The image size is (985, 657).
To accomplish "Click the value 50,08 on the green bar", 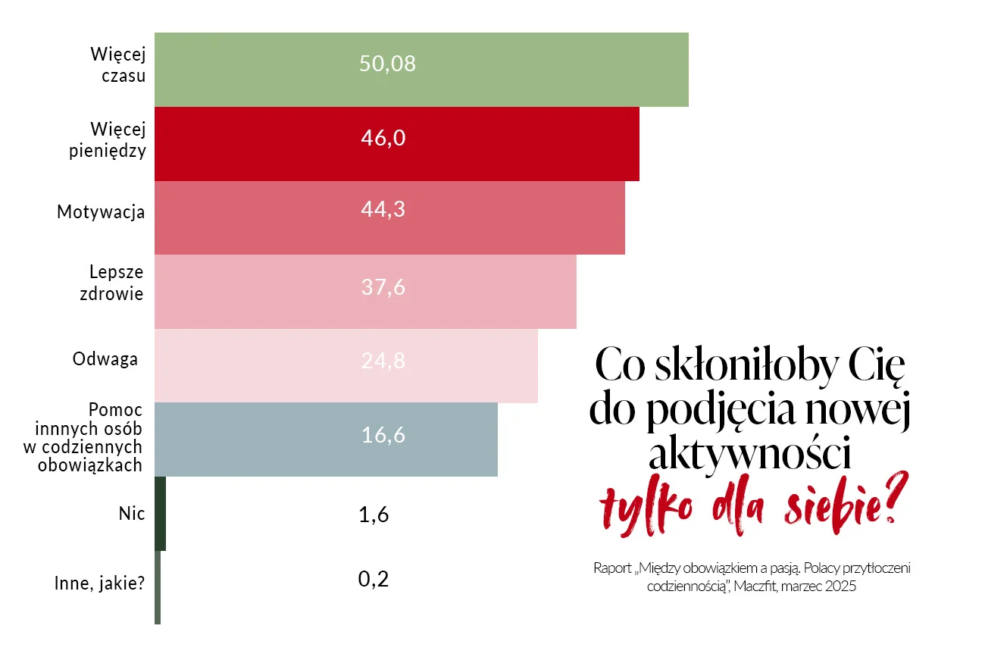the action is point(387,64).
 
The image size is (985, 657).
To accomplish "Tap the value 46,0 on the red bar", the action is point(383,138).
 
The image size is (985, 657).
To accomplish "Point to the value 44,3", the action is point(383,209).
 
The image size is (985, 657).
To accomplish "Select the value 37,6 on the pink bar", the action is point(383,287).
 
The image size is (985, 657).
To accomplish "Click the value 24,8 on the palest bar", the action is point(383,361).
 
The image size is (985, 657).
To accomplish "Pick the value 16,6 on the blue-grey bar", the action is point(383,435).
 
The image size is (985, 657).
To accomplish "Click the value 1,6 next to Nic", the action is point(374,515).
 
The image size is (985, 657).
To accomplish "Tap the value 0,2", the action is point(374,579).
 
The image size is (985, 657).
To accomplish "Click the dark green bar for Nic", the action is point(160,514).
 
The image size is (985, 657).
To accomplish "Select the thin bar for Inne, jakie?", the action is point(158,587).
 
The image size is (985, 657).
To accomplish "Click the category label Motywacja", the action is point(101,212).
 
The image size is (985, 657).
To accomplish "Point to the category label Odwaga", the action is point(105,359).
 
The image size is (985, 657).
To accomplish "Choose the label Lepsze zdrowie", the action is point(111,283).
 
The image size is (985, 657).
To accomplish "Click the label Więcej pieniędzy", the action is point(108,140).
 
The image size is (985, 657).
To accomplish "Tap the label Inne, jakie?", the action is point(99,583).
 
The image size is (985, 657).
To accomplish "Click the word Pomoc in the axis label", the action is point(116,410).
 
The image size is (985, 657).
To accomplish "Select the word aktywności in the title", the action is point(750,454).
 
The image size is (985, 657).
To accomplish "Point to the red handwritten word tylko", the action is point(646,506).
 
